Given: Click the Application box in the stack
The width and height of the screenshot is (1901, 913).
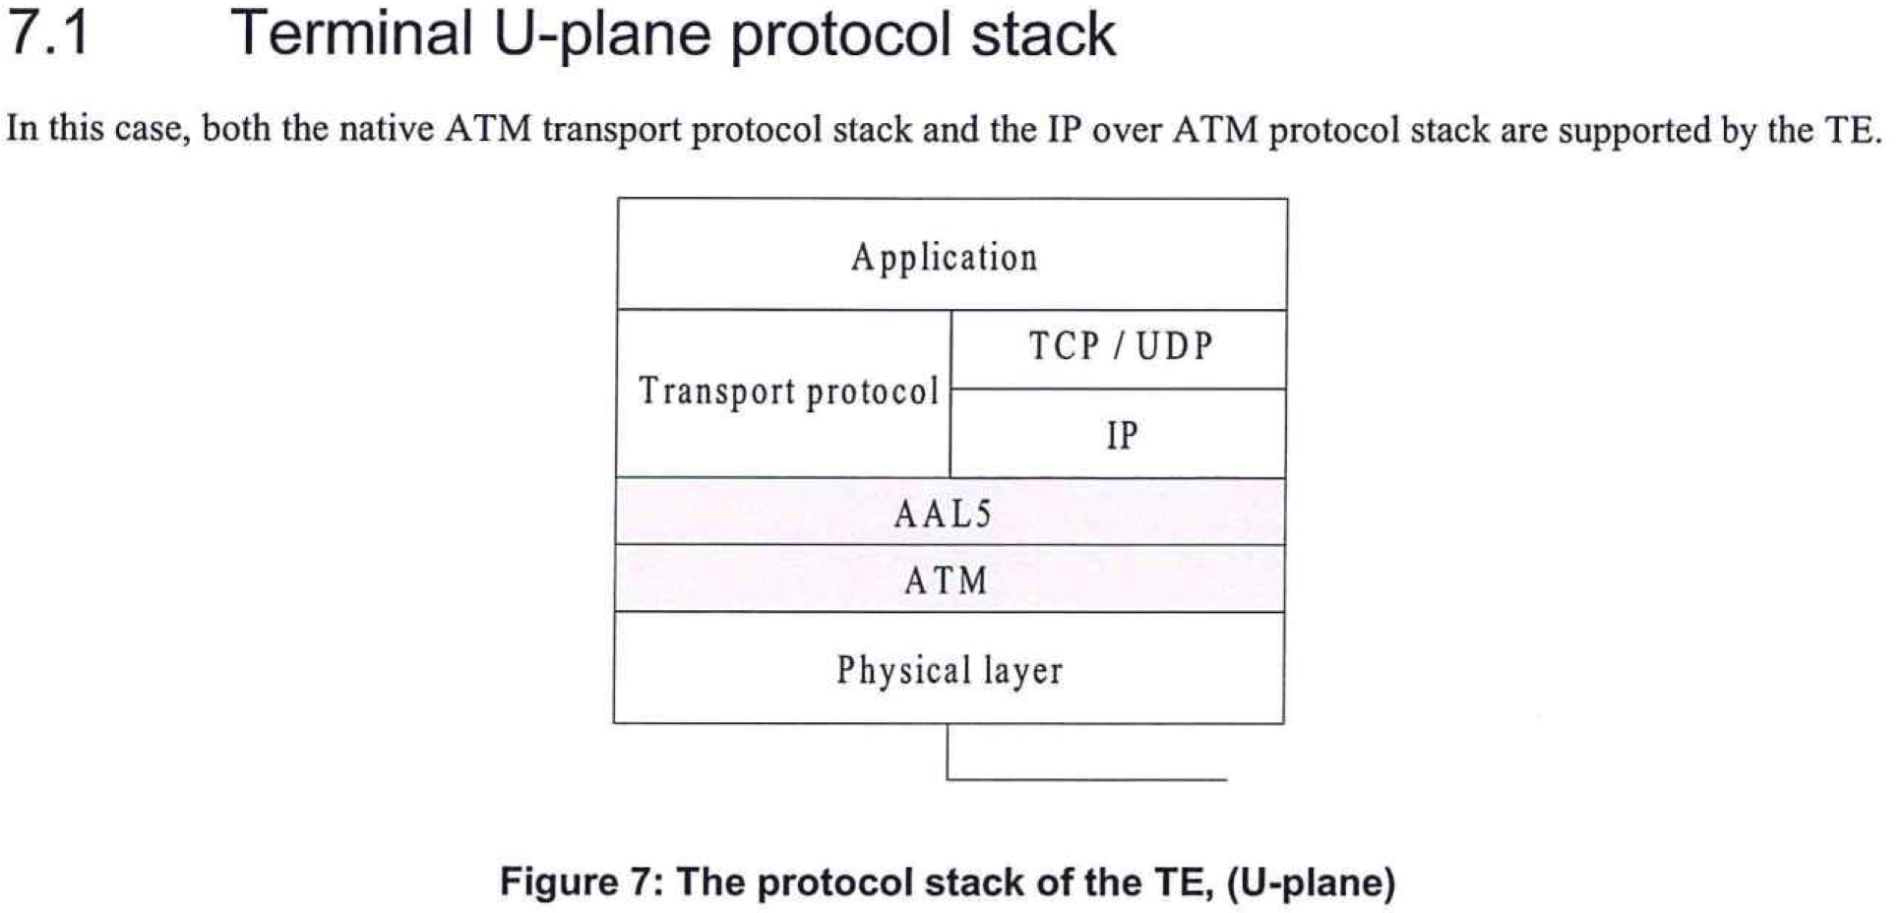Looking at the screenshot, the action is pyautogui.click(x=951, y=255).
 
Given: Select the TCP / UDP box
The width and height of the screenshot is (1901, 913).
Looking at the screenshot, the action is pyautogui.click(x=1119, y=349).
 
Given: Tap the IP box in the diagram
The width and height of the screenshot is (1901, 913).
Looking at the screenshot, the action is pyautogui.click(x=1119, y=434).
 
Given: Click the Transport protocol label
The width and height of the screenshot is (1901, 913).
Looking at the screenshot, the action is pyautogui.click(x=788, y=392).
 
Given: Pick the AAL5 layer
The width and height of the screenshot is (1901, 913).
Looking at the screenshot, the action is pyautogui.click(x=950, y=512).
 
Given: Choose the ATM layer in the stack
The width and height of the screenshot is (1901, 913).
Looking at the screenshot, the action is pyautogui.click(x=950, y=578).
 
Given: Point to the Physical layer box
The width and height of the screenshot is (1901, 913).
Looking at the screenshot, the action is pyautogui.click(x=950, y=668).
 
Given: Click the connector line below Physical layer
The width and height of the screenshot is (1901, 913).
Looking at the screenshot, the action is pyautogui.click(x=1087, y=779).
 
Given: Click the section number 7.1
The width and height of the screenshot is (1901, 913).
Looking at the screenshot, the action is pyautogui.click(x=48, y=32).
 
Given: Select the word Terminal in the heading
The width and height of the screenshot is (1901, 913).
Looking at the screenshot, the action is pyautogui.click(x=351, y=32).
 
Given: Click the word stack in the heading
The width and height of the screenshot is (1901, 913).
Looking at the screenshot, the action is pyautogui.click(x=1044, y=33).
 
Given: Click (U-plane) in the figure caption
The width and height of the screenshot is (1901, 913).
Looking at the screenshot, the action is pyautogui.click(x=1311, y=883).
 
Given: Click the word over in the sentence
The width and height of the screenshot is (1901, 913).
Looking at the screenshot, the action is pyautogui.click(x=1126, y=131).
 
